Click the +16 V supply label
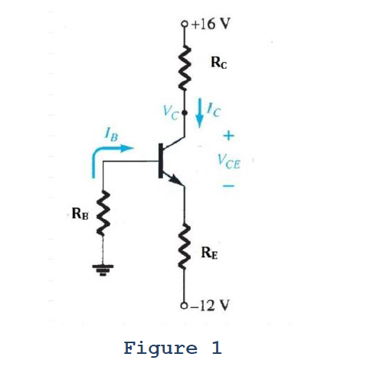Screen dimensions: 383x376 click(x=208, y=21)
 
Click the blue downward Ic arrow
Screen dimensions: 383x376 click(x=201, y=111)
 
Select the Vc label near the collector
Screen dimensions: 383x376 click(x=172, y=113)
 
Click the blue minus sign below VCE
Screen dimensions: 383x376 click(x=228, y=185)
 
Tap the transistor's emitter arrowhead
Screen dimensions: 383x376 click(x=178, y=181)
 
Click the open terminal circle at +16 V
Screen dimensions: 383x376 click(x=185, y=22)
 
